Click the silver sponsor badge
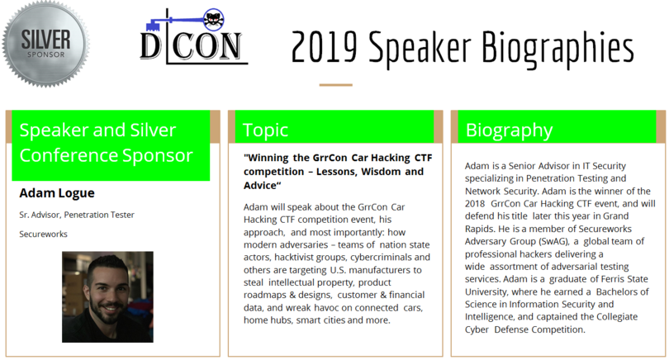click(45, 44)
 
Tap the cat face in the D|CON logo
click(213, 19)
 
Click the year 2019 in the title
click(324, 47)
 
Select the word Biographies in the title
click(557, 49)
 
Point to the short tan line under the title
click(336, 85)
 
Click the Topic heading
click(265, 130)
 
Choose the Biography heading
click(509, 130)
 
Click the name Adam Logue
click(57, 193)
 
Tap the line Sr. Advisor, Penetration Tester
click(77, 215)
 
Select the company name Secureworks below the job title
click(43, 234)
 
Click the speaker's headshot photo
click(107, 297)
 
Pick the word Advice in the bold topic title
click(260, 186)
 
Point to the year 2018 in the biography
click(475, 204)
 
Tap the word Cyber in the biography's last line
click(477, 329)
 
